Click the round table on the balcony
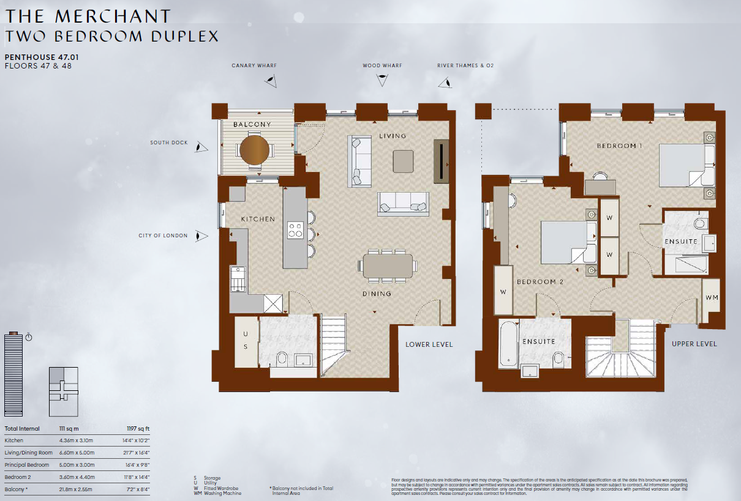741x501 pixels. tap(254, 150)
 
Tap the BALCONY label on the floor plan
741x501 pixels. tap(252, 124)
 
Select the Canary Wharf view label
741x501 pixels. tap(252, 65)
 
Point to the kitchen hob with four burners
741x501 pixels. tap(295, 229)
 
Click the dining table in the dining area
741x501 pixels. tap(388, 266)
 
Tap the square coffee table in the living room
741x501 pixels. tap(404, 161)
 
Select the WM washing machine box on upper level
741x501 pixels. tap(711, 297)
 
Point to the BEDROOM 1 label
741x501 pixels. tap(620, 146)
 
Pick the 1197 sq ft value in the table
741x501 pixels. tap(138, 429)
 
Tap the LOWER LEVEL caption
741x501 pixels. tap(429, 344)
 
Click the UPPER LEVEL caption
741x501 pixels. tap(694, 344)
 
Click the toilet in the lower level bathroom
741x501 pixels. tap(282, 358)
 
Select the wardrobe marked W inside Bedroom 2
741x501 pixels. tap(503, 292)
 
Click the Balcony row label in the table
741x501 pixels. tap(17, 489)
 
